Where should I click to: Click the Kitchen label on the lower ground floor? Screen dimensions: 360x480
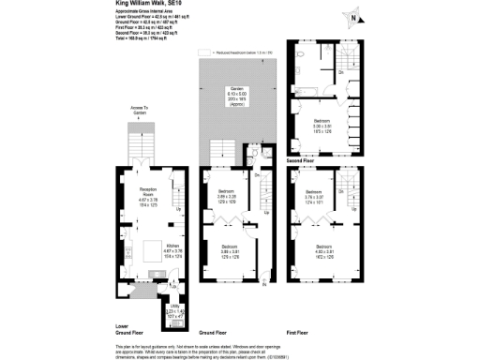(145, 247)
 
